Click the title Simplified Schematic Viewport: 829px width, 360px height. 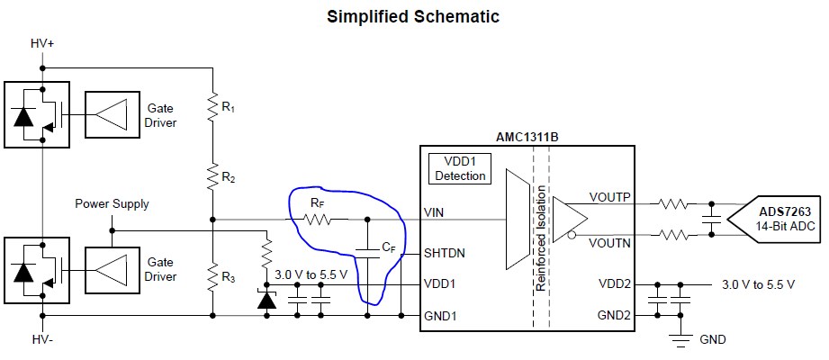pyautogui.click(x=413, y=16)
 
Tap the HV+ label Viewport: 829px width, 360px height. pyautogui.click(x=42, y=44)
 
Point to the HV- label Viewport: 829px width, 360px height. pyautogui.click(x=41, y=340)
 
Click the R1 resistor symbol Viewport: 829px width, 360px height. pyautogui.click(x=212, y=107)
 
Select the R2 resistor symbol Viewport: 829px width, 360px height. pyautogui.click(x=212, y=176)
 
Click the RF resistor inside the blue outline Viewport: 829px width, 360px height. pyautogui.click(x=317, y=219)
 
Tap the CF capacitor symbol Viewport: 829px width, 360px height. pyautogui.click(x=367, y=253)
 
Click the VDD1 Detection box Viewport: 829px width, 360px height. pyautogui.click(x=460, y=169)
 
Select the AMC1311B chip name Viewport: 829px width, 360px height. pyautogui.click(x=527, y=138)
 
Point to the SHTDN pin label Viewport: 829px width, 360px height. pyautogui.click(x=444, y=254)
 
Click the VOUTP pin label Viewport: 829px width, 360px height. pyautogui.click(x=610, y=197)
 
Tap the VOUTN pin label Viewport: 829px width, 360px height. pyautogui.click(x=610, y=243)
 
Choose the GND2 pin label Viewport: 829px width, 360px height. pyautogui.click(x=615, y=316)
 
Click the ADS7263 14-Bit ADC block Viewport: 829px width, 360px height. pyautogui.click(x=777, y=220)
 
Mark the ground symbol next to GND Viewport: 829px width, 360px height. pyautogui.click(x=681, y=340)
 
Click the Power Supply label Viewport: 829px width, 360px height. pyautogui.click(x=113, y=204)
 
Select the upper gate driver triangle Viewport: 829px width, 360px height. pyautogui.click(x=111, y=113)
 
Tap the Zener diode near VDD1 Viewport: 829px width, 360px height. pyautogui.click(x=266, y=299)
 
